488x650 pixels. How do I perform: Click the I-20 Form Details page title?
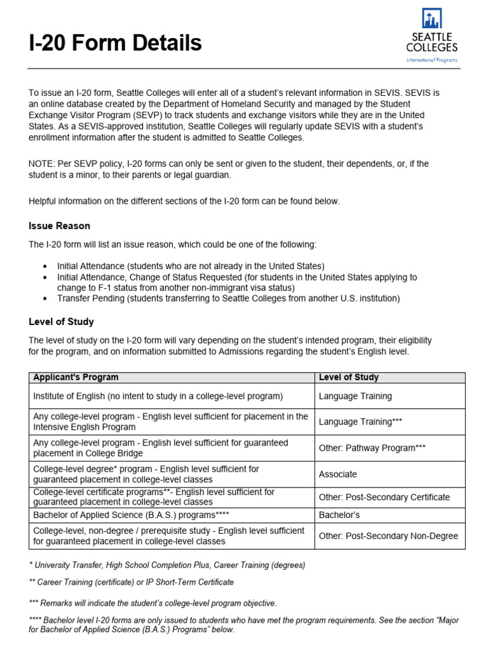pos(115,43)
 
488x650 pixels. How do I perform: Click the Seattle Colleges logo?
pos(431,36)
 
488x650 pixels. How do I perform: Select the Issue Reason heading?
pos(59,225)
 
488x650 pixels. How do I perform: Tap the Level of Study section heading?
pos(61,322)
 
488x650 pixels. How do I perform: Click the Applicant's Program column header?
pos(76,377)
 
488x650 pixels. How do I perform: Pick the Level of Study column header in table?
pos(348,377)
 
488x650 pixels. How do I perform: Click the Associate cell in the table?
pos(338,474)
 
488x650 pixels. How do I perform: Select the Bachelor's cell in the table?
pos(339,515)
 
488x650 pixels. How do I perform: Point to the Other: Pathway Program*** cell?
pos(372,448)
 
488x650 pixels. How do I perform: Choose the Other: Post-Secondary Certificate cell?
pos(384,497)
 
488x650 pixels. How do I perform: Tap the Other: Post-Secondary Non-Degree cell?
pos(388,536)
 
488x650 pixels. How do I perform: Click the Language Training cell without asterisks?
pos(355,396)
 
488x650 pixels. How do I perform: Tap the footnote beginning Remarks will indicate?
pos(152,603)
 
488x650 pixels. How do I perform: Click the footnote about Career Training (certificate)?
pos(131,581)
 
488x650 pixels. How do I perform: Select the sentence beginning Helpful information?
pos(184,201)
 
